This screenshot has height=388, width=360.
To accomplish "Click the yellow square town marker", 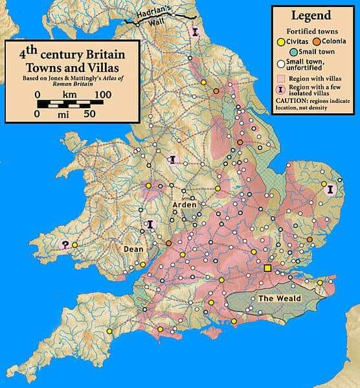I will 267,268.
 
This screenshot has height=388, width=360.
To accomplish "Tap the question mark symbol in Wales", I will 64,245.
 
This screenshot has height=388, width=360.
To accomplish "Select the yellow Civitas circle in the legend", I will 281,41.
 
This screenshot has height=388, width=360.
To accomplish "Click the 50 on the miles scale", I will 89,114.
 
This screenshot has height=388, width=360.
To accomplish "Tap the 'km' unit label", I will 69,95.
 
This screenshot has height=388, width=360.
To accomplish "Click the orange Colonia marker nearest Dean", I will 169,244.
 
